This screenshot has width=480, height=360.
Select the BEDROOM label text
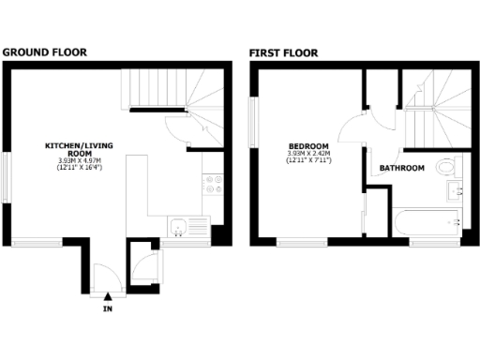click(308, 147)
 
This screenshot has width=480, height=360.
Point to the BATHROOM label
click(402, 169)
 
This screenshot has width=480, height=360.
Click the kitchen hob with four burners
click(212, 183)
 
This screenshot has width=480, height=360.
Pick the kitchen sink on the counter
click(177, 225)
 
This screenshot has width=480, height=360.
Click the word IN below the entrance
click(108, 307)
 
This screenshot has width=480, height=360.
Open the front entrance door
click(104, 277)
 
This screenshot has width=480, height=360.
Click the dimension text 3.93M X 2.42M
click(308, 155)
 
